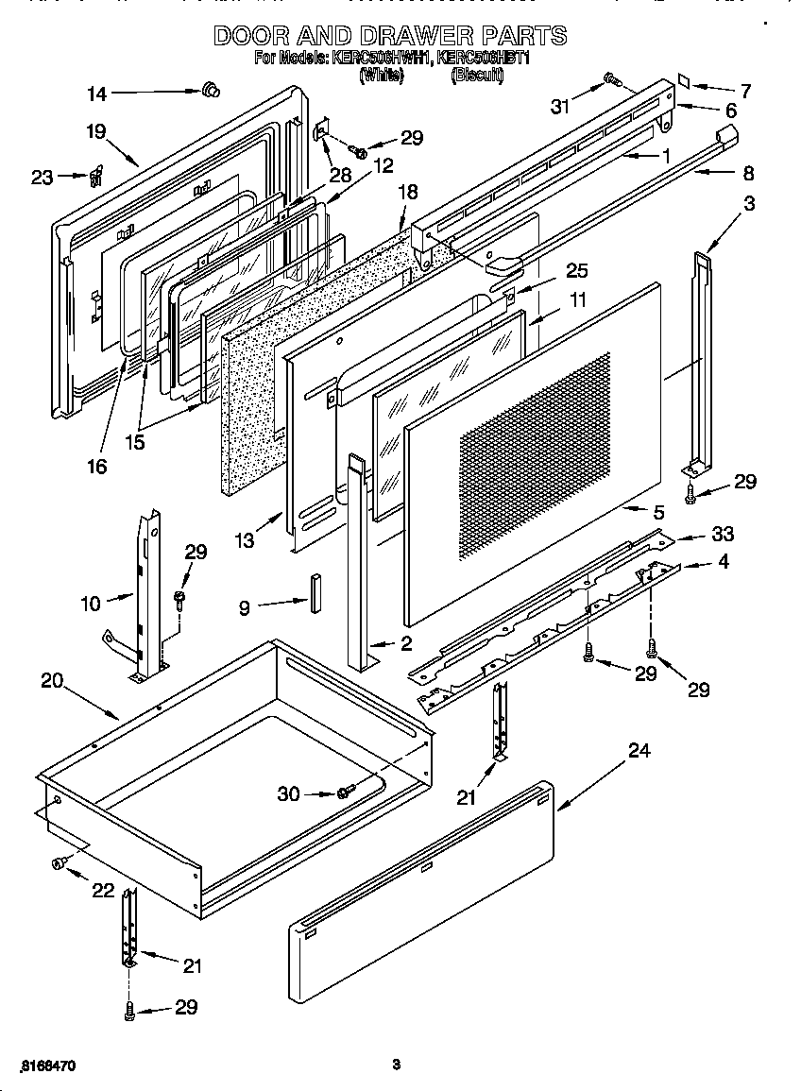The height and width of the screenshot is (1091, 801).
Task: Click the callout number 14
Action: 97,93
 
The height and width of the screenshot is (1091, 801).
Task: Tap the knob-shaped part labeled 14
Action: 210,91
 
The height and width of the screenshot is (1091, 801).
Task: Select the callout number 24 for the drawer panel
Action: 639,751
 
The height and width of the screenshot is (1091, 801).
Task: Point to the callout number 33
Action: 723,535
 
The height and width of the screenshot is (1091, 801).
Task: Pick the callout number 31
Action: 561,106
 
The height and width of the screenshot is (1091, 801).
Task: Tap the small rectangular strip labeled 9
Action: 312,591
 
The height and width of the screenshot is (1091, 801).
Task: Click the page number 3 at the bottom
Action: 397,1065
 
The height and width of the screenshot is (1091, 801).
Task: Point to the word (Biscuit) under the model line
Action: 477,76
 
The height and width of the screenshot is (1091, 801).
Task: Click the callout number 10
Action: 91,603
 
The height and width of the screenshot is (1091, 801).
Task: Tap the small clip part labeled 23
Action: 95,177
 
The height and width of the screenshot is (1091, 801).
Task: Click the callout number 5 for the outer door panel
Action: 658,513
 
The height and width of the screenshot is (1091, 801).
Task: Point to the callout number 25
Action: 575,272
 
